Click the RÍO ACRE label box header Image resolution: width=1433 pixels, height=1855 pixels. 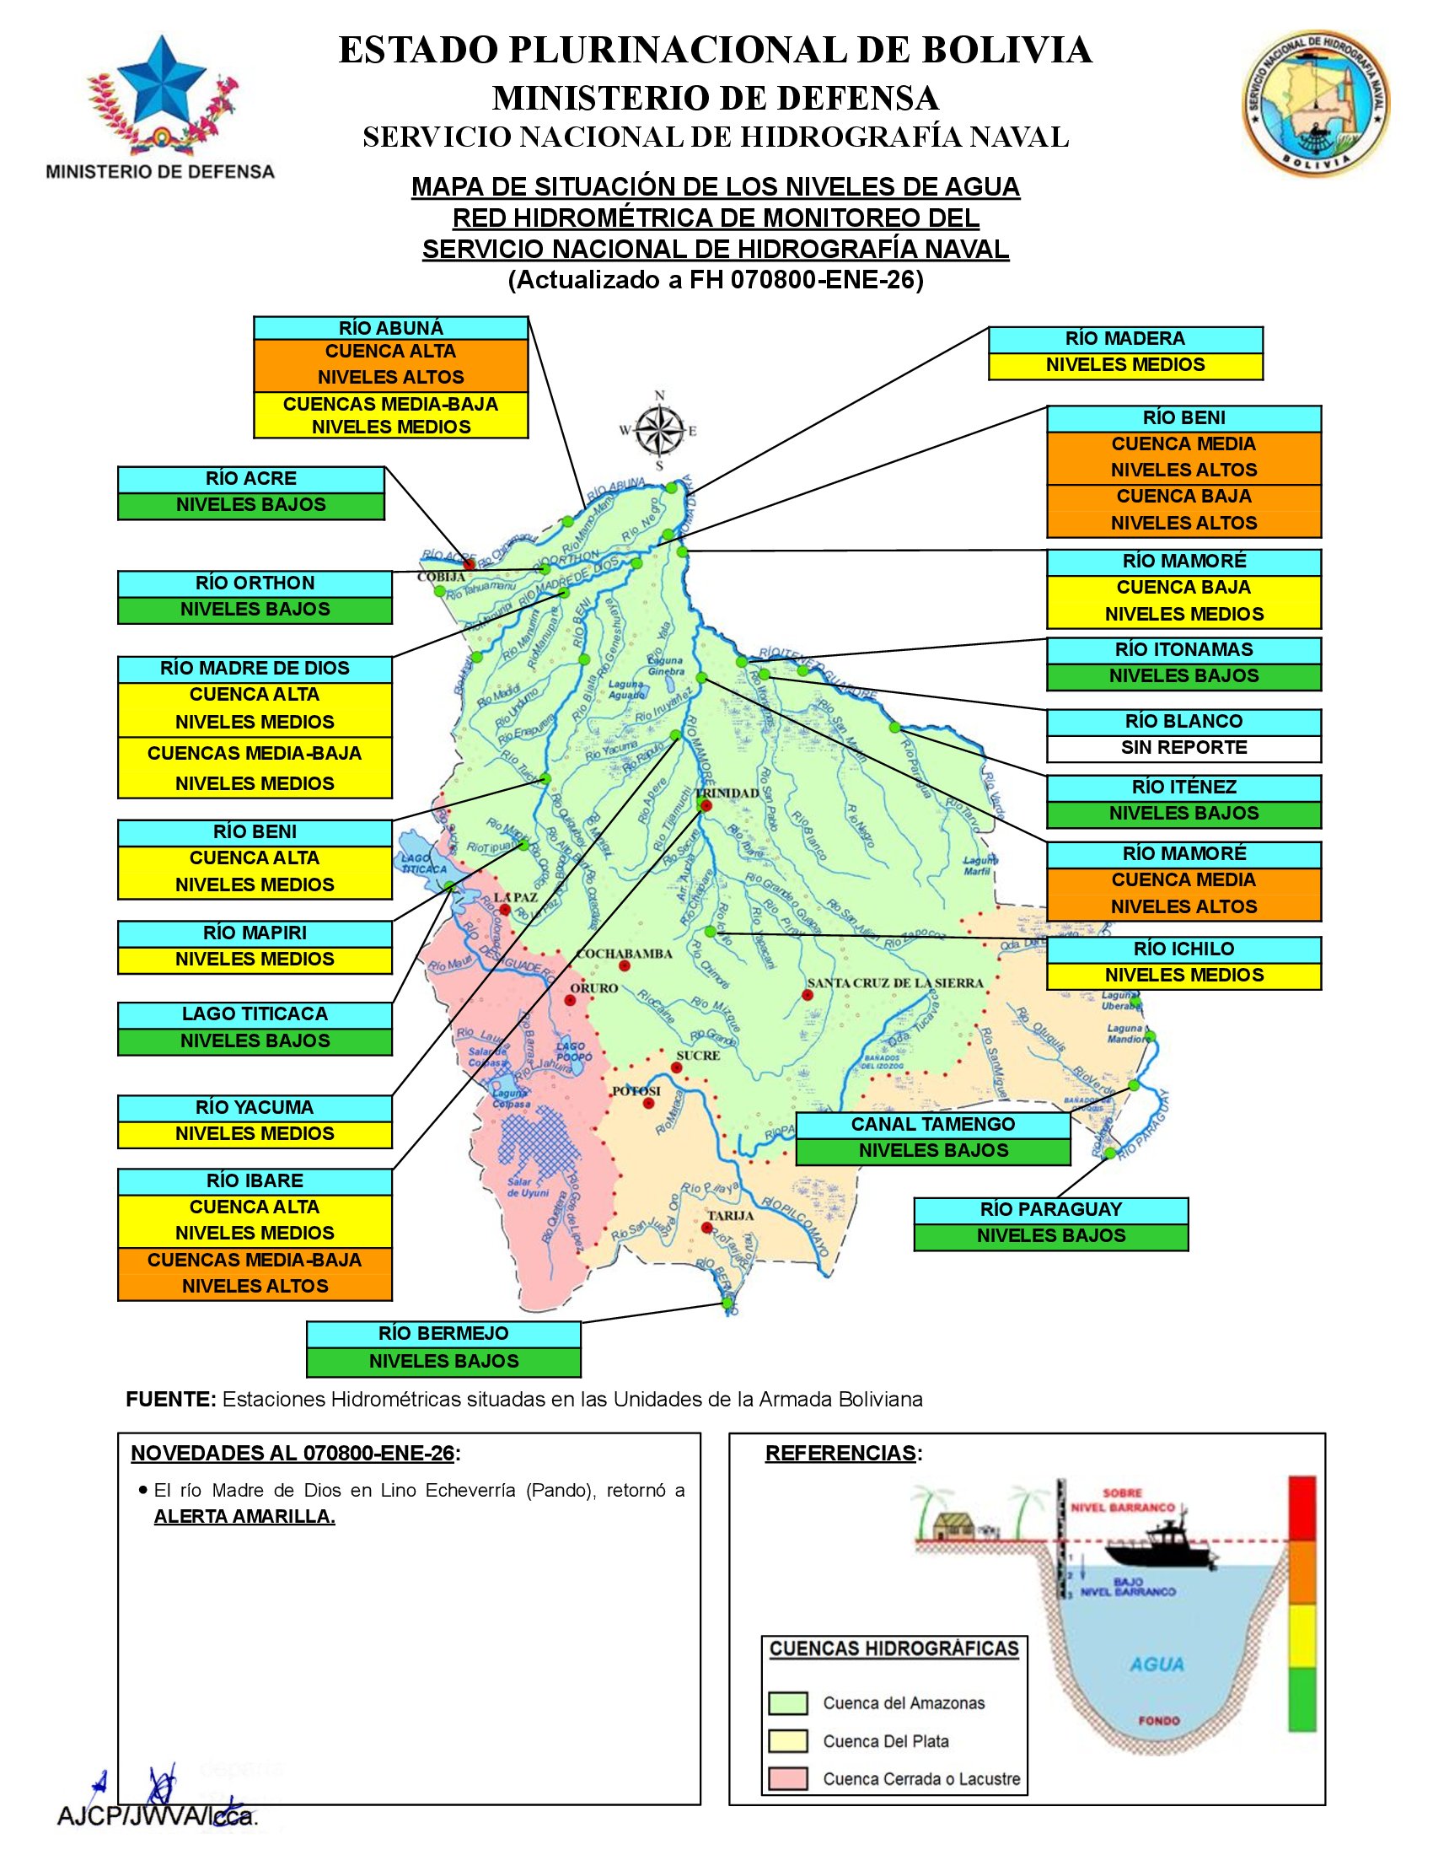(x=250, y=479)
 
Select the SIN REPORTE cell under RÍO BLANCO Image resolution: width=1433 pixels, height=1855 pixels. (x=1183, y=748)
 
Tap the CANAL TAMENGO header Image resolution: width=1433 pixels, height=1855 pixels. (x=933, y=1125)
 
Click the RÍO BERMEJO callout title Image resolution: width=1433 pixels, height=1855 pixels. (x=443, y=1335)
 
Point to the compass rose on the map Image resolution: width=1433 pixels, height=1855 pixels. (x=660, y=430)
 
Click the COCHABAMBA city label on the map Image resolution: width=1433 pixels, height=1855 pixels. (x=623, y=954)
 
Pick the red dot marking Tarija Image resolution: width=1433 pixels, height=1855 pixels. (x=707, y=1228)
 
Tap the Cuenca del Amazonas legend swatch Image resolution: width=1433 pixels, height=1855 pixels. (x=787, y=1704)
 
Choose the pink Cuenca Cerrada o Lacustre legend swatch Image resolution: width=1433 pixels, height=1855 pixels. (x=787, y=1778)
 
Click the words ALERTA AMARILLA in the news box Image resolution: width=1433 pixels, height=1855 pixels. (x=244, y=1517)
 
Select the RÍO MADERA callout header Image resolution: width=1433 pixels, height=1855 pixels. (x=1124, y=340)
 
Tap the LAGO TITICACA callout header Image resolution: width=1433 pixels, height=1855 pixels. (x=255, y=1015)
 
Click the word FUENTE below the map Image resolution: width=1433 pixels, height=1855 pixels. (x=170, y=1400)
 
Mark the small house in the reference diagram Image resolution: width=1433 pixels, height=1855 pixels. (x=952, y=1526)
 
